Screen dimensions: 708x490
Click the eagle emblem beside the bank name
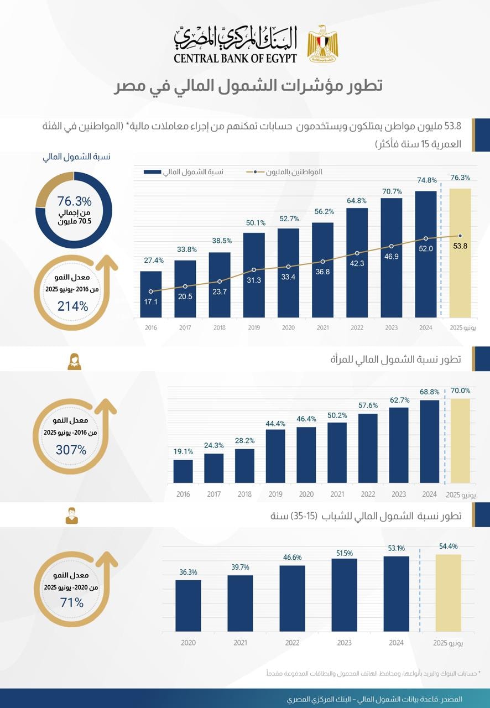pos(319,44)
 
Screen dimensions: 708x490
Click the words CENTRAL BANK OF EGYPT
pos(235,58)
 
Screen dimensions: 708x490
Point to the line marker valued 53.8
pos(460,236)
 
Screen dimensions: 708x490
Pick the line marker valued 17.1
pos(150,291)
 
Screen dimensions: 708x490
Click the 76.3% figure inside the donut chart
pos(75,201)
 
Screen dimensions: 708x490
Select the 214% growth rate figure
pos(73,306)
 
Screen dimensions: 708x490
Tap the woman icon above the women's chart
pos(74,362)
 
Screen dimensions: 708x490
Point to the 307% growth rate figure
pos(71,450)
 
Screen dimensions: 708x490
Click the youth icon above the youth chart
pos(71,516)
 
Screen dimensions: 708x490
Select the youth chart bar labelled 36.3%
pos(188,605)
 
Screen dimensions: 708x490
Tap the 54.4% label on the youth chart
pos(448,546)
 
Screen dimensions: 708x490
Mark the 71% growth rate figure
pos(72,602)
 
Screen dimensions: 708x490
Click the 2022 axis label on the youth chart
pos(292,643)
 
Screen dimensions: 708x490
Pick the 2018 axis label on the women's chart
pos(244,494)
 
